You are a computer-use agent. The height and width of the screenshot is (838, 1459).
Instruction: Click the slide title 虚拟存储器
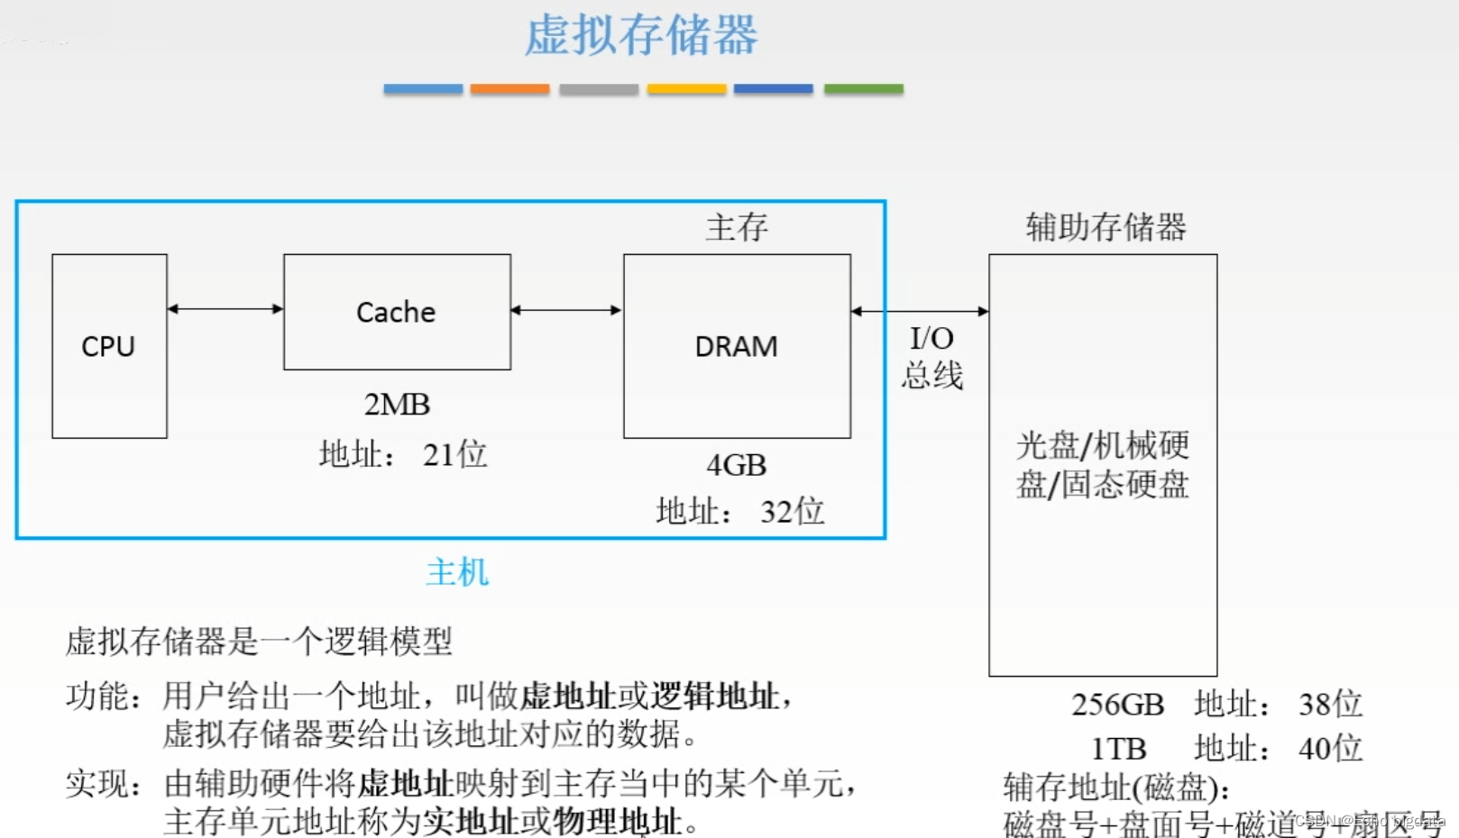(x=641, y=36)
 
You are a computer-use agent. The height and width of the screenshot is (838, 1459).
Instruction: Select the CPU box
(x=109, y=346)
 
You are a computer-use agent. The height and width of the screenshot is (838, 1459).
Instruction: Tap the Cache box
(x=397, y=312)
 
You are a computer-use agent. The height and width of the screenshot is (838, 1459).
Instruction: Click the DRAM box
(x=737, y=346)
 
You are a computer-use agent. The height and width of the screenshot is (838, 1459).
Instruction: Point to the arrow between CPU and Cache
(x=225, y=309)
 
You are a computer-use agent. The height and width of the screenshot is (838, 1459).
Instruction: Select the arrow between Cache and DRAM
(x=566, y=310)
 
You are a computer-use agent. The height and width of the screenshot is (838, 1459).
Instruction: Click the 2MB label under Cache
(x=397, y=405)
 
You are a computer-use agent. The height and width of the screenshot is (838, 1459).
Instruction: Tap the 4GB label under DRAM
(x=736, y=465)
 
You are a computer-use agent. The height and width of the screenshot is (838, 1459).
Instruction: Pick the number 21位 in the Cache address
(x=454, y=454)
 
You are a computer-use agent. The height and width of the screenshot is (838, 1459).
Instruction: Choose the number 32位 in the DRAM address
(x=792, y=511)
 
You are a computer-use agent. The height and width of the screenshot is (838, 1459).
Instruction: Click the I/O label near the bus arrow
(x=931, y=338)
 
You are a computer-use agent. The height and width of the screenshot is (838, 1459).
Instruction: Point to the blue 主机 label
(x=457, y=572)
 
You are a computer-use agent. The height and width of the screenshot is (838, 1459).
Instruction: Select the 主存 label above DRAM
(x=737, y=227)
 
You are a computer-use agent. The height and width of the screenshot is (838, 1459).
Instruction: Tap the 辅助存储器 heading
(x=1106, y=227)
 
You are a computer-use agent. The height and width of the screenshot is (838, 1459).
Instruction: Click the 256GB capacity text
(x=1117, y=704)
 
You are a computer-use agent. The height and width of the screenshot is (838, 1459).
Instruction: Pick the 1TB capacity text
(x=1118, y=748)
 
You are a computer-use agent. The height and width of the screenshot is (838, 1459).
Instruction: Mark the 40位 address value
(x=1330, y=748)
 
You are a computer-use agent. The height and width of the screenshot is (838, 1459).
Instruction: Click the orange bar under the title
(x=509, y=89)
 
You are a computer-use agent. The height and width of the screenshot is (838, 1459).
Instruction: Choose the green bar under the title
(x=863, y=89)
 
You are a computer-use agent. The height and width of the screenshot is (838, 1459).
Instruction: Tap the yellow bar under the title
(x=686, y=89)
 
